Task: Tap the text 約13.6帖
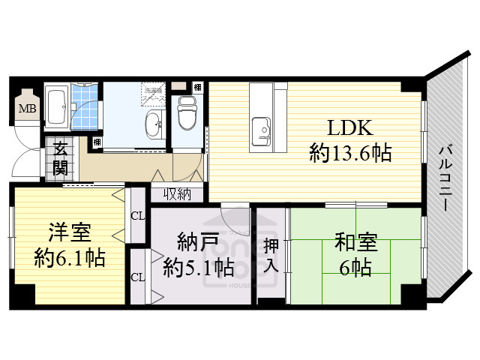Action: (350, 154)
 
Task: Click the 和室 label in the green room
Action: (351, 244)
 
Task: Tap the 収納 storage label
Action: (178, 195)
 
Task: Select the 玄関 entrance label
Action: (60, 158)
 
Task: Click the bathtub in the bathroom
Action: (57, 105)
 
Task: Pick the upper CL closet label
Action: (138, 216)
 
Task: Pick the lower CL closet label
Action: (138, 277)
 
